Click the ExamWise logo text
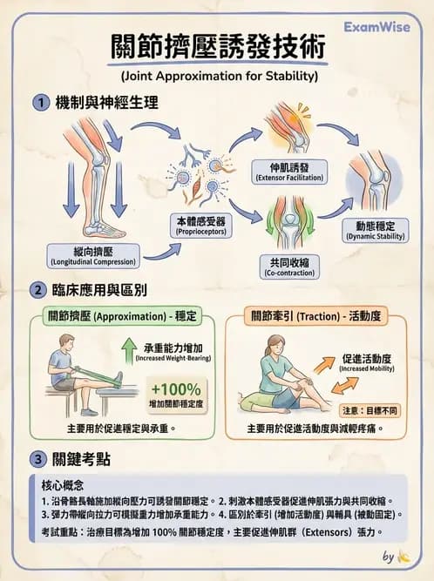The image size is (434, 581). (x=377, y=27)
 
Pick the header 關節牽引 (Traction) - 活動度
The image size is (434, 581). (x=315, y=316)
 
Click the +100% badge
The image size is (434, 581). (x=175, y=390)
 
